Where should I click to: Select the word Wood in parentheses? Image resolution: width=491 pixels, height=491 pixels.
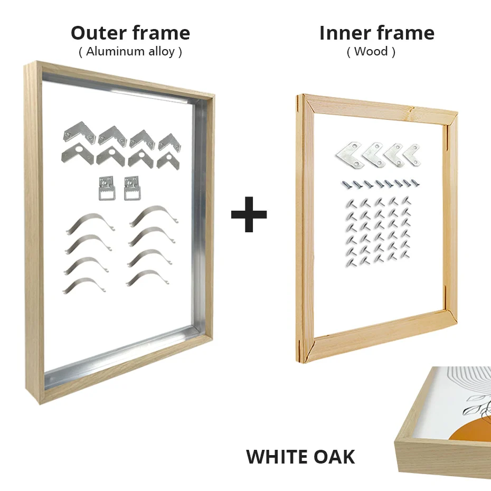(x=371, y=52)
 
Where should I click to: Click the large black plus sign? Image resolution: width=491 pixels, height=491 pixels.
(x=249, y=214)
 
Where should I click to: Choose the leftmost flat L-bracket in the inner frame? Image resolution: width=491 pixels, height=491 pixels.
(x=349, y=154)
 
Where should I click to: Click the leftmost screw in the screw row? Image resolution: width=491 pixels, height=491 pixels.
(x=344, y=185)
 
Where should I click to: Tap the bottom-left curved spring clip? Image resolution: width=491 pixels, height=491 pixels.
(x=84, y=286)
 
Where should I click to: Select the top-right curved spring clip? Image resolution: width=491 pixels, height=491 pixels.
(x=154, y=215)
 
